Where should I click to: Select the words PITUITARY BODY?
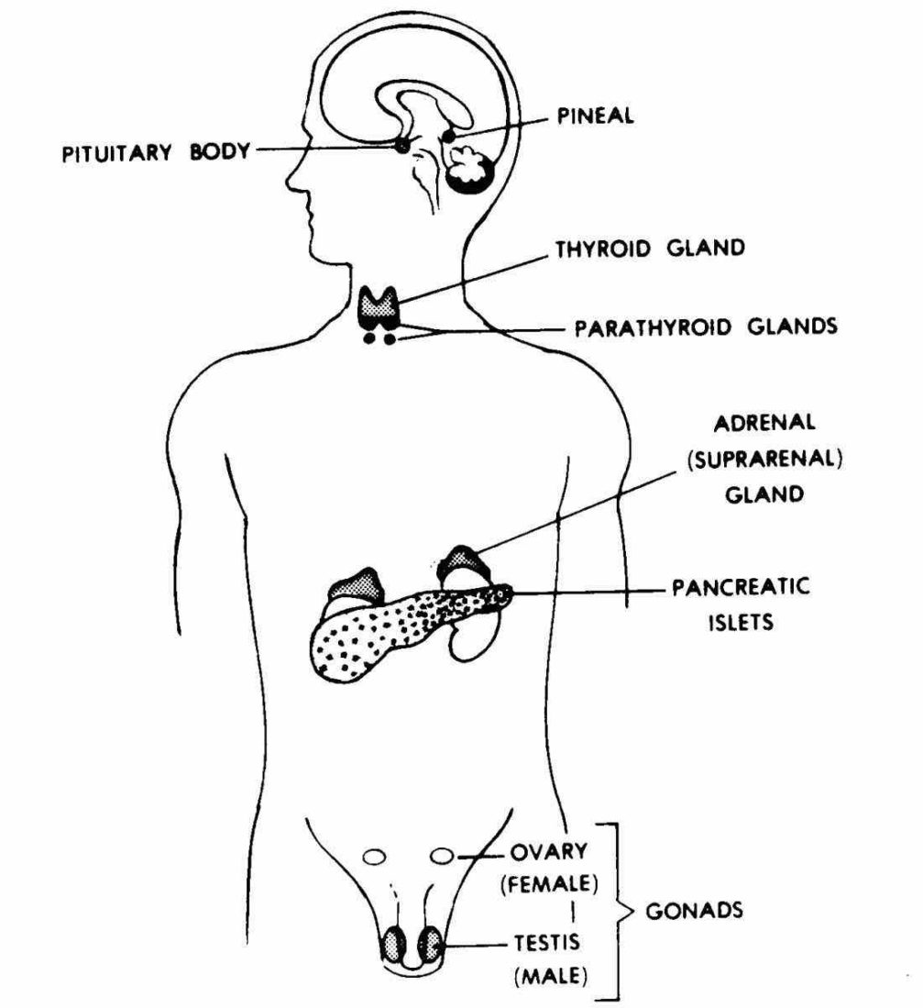click(x=155, y=151)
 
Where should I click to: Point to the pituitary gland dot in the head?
click(x=401, y=145)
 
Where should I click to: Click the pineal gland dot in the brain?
click(x=448, y=137)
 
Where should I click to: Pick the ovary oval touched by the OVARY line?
click(x=443, y=857)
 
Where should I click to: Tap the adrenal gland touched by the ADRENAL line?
click(x=466, y=560)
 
